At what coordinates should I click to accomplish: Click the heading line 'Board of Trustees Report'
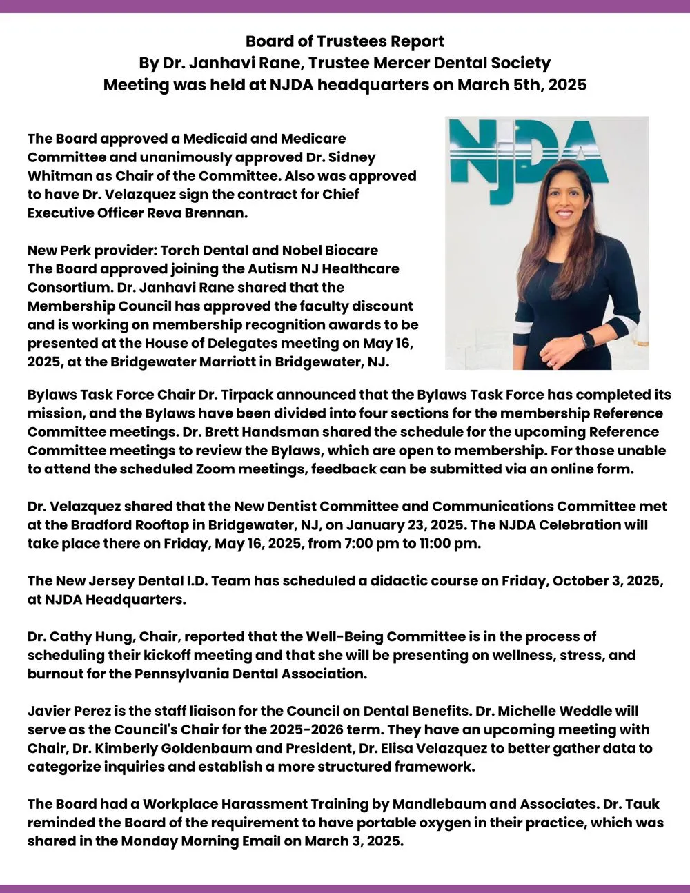tap(345, 41)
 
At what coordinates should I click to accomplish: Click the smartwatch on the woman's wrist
tap(587, 340)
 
